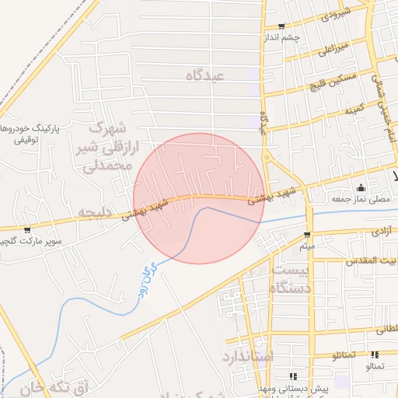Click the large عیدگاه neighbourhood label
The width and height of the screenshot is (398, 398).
pos(205,75)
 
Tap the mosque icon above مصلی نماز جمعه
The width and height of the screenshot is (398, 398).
pos(360,188)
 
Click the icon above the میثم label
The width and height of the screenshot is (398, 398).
pos(307,235)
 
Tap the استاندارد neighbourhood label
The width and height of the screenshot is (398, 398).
pos(248,357)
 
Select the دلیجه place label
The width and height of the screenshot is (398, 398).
pos(96,211)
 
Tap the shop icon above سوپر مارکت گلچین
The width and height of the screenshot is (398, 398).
pos(28,230)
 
